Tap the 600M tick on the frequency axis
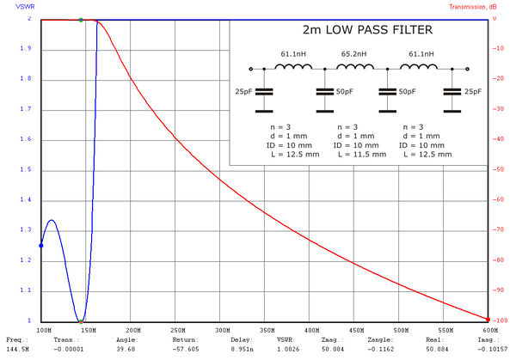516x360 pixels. [x=489, y=330]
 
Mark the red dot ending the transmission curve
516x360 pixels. [x=488, y=320]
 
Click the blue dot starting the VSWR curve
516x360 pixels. [x=40, y=246]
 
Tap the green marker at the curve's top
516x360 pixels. [x=81, y=19]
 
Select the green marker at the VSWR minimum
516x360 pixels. [x=82, y=320]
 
